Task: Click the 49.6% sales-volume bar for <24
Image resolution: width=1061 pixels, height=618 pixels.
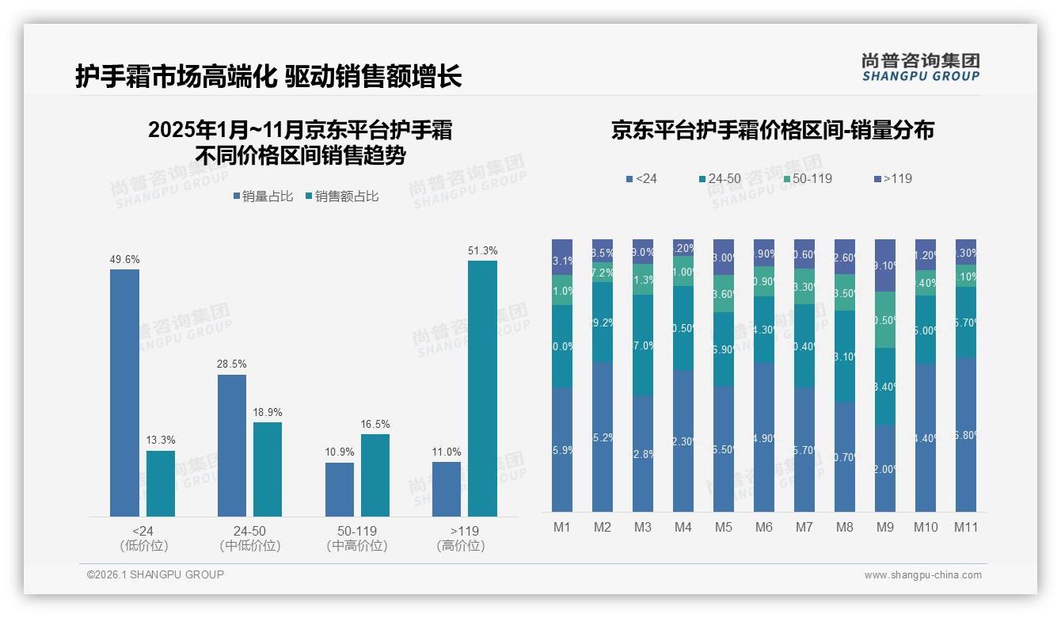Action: pos(124,393)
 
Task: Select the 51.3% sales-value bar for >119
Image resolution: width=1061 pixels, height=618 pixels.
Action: pos(482,388)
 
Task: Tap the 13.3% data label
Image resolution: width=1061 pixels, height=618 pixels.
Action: pos(161,441)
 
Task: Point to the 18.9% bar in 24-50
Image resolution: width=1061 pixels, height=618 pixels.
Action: pos(268,469)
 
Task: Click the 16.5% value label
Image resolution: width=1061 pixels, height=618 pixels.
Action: pos(375,425)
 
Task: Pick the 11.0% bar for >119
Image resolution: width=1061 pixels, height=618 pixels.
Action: pos(447,489)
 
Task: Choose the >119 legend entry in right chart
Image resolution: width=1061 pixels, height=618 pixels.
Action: pos(892,179)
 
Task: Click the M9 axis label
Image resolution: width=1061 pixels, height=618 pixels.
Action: pos(885,527)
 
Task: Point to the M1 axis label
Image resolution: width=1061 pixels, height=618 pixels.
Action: pos(562,527)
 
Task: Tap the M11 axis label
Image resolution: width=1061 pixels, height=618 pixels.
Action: pos(966,527)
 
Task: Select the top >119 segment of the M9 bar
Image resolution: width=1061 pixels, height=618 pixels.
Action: pos(885,265)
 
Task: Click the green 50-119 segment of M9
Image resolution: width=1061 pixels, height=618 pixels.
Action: pos(885,319)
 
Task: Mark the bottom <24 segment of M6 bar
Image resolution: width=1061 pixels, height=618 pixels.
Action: pos(764,437)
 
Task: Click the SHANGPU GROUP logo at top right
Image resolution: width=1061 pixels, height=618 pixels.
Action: pos(920,67)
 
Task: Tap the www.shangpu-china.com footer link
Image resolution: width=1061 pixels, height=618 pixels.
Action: pos(922,575)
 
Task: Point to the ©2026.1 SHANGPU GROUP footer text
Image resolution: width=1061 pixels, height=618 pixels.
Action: pos(155,574)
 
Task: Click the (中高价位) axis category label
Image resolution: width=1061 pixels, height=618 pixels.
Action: pos(357,546)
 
